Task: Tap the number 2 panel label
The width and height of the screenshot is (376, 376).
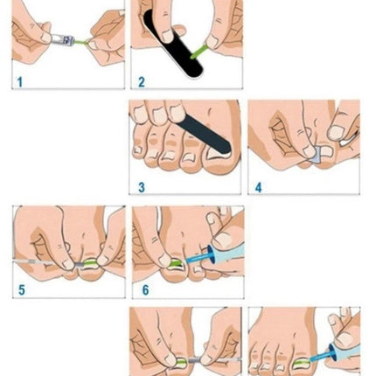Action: [141, 82]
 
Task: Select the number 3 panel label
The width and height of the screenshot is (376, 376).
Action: [141, 186]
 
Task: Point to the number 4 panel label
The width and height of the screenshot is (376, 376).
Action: [258, 186]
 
